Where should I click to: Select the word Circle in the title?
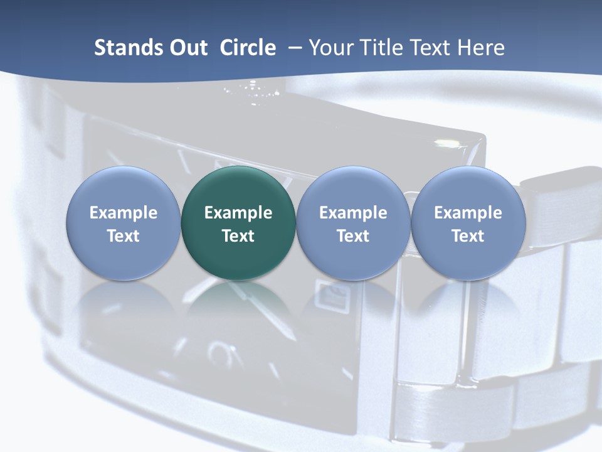tap(248, 48)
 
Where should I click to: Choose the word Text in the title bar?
tap(428, 48)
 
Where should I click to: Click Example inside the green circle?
tap(238, 213)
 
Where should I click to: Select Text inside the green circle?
tap(238, 236)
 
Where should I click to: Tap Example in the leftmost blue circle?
tap(124, 213)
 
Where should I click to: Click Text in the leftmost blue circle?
tap(124, 236)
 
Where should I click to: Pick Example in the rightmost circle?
tap(468, 213)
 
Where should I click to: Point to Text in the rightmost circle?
tap(468, 236)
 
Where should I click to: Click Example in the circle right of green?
tap(353, 213)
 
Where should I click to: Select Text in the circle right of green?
tap(353, 236)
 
